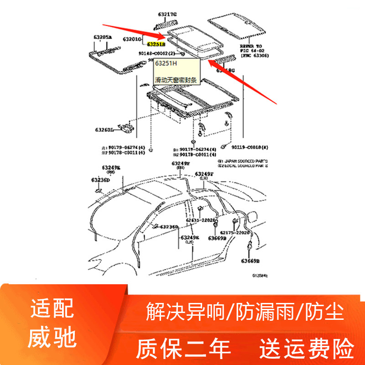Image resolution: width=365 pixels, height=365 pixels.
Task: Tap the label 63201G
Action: click(131, 40)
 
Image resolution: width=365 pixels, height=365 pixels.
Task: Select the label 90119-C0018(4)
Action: click(250, 147)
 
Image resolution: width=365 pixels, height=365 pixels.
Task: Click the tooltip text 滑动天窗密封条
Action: click(176, 80)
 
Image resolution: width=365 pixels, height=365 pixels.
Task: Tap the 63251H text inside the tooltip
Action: click(164, 63)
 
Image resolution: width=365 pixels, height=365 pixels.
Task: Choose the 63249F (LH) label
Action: click(204, 176)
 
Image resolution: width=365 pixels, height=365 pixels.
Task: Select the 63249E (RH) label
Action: click(111, 170)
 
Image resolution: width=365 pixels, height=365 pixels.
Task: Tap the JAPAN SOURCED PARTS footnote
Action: click(242, 162)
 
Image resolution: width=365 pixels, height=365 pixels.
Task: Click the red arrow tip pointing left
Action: click(208, 61)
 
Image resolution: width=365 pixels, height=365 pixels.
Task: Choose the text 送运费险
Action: click(307, 349)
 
